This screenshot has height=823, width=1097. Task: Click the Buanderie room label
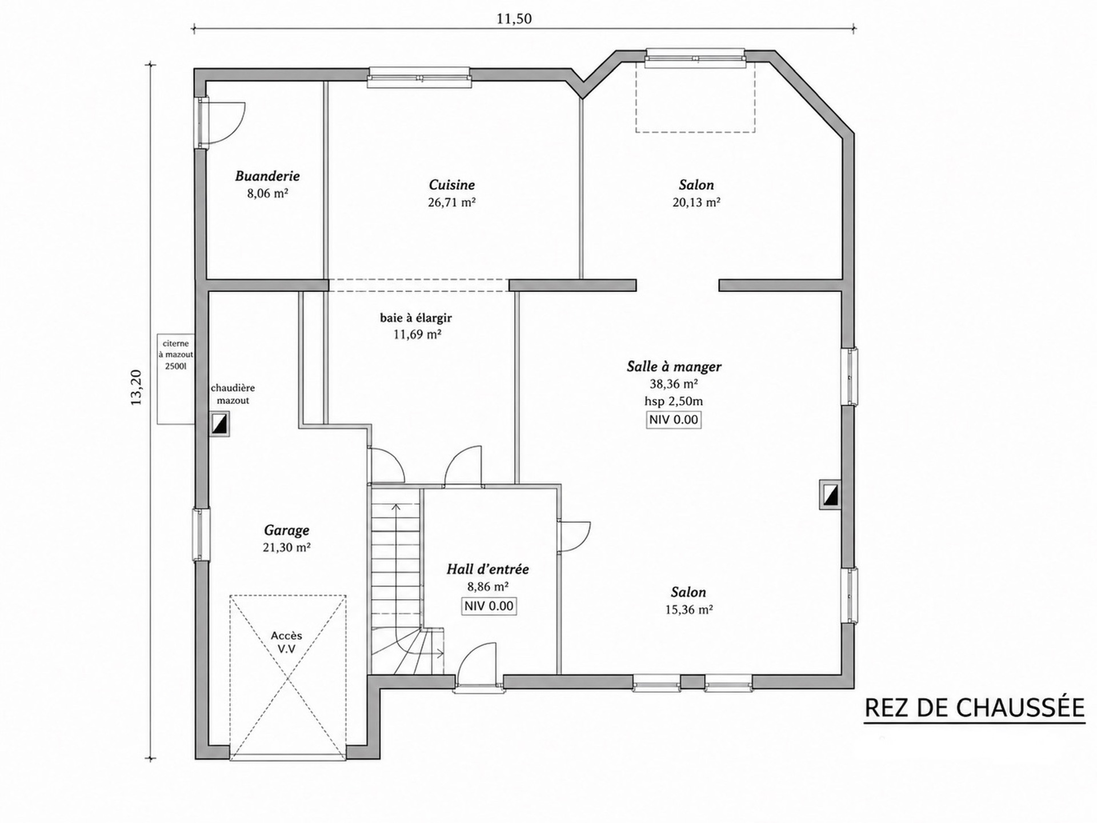(x=267, y=176)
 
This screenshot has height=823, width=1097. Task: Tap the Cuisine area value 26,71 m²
(x=451, y=202)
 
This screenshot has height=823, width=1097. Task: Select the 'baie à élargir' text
(x=416, y=318)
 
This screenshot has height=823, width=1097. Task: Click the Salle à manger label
(x=674, y=366)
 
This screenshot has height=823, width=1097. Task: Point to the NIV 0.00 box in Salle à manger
(x=674, y=420)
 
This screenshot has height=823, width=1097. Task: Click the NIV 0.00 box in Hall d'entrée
(x=489, y=606)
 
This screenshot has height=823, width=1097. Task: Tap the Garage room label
(x=286, y=530)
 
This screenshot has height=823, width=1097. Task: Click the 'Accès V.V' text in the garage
(x=286, y=642)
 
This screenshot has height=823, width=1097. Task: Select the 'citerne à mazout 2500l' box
(x=176, y=379)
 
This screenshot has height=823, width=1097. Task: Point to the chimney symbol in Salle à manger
(x=830, y=494)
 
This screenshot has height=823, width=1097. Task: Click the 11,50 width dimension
(x=514, y=19)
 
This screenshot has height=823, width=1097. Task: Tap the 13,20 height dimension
(x=136, y=387)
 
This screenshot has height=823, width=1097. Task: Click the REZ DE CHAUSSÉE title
(x=974, y=708)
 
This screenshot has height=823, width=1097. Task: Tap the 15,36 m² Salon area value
(x=688, y=610)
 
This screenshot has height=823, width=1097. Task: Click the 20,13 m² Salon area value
(x=696, y=202)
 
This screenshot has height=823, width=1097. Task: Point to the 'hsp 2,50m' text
(x=674, y=401)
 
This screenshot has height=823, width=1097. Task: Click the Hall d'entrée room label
(x=487, y=569)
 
